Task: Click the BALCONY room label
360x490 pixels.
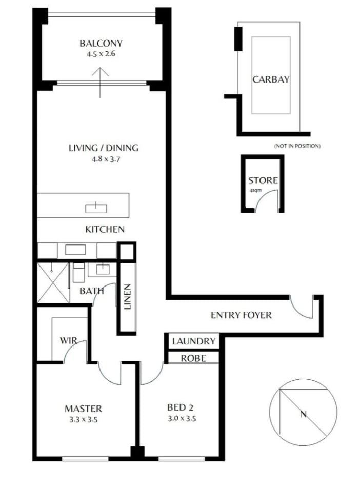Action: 101,43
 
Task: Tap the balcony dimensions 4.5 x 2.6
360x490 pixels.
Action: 101,54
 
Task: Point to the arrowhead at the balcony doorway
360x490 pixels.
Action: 100,72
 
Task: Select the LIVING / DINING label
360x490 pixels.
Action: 104,148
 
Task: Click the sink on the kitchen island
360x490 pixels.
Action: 96,208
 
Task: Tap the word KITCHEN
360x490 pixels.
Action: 105,230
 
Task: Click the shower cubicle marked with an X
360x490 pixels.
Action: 53,283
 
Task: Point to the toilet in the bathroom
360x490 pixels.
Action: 78,272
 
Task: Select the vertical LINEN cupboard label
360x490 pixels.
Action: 127,297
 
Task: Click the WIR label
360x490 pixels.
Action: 68,340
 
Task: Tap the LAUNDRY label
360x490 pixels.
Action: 194,341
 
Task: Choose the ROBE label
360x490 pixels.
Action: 193,358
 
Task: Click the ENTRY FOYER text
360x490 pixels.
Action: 241,315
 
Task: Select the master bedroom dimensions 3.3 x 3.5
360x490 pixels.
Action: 84,419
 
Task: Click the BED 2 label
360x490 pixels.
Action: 180,407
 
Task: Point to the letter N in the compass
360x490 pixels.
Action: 303,414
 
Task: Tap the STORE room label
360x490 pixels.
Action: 263,180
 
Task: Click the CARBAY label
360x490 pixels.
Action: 271,79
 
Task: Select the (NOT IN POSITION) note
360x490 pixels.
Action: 297,146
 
